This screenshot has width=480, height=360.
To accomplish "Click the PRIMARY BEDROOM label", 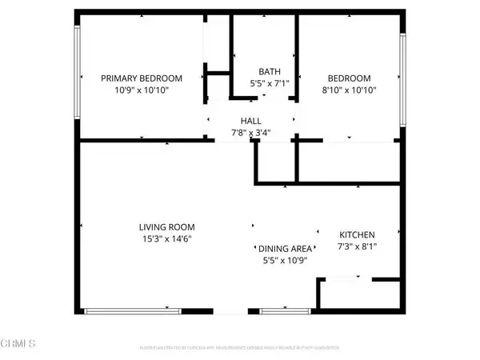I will coord(141,78).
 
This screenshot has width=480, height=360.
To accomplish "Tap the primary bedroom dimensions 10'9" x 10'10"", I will coord(141,90).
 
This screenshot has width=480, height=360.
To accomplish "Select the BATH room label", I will coord(268,71).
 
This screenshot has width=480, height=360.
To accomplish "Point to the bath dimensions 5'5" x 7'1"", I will coord(268,83).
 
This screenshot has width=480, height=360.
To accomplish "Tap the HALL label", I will coord(251,121).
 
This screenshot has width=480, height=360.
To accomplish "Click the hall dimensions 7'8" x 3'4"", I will coord(251,133).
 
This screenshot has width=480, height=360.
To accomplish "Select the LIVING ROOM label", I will coord(166,226).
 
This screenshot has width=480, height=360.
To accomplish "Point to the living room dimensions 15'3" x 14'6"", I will coord(166,238).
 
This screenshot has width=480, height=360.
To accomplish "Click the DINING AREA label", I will coord(283,249).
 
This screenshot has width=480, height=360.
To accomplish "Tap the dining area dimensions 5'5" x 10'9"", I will coord(283,261).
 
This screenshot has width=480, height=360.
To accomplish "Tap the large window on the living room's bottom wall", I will coord(134,310).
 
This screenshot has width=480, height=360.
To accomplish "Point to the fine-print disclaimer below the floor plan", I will coord(240,348).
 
